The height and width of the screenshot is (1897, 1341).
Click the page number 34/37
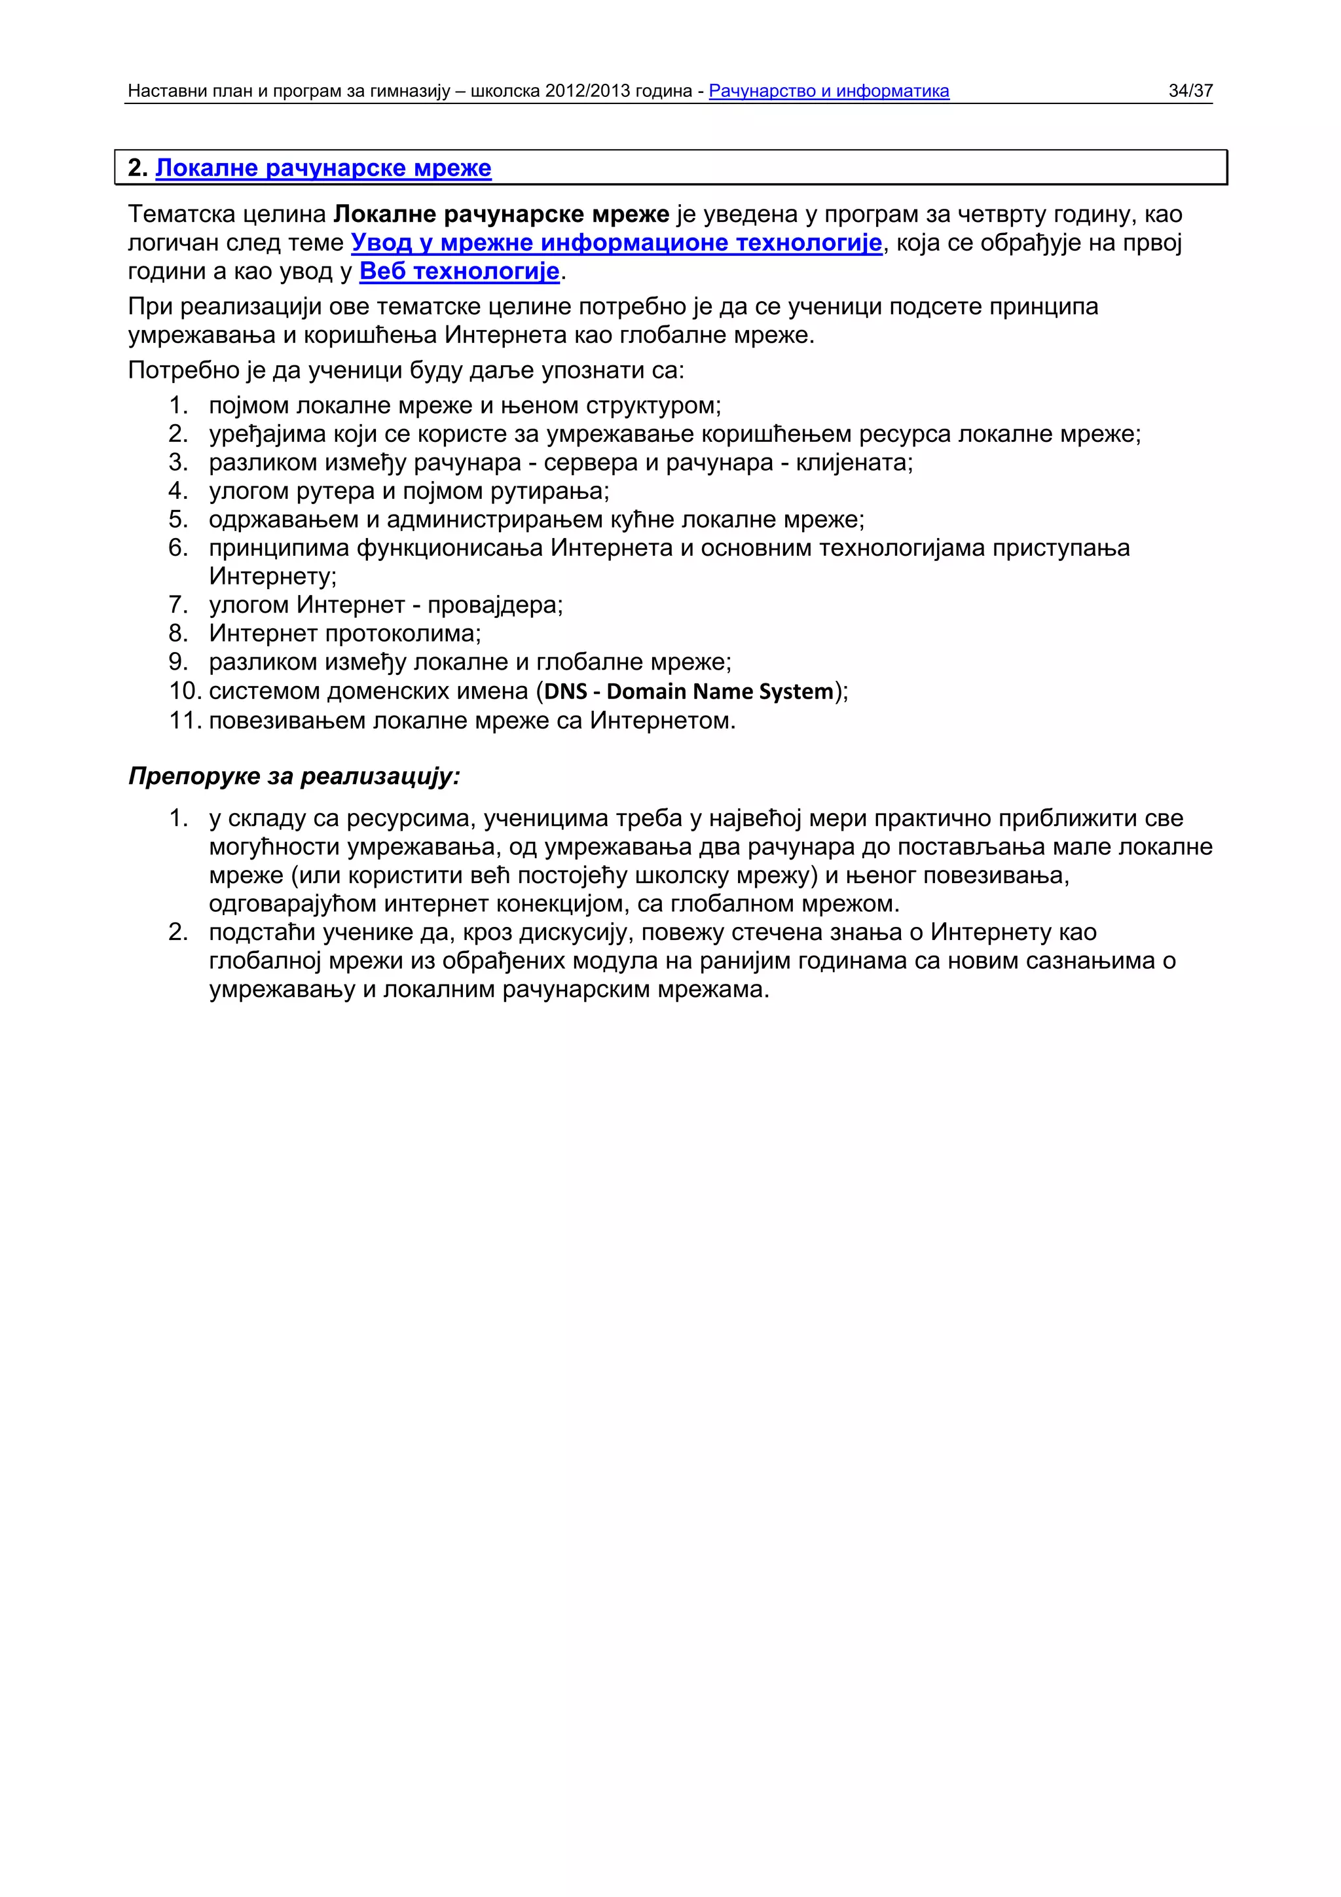click(1190, 91)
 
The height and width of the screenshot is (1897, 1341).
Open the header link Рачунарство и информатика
click(829, 91)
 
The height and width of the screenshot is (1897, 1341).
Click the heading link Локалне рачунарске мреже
click(323, 168)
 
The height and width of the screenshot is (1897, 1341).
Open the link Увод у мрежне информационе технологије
click(616, 243)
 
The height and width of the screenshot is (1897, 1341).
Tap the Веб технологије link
click(460, 271)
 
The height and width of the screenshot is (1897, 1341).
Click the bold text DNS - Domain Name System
click(688, 691)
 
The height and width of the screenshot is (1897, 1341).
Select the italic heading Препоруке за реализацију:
click(294, 776)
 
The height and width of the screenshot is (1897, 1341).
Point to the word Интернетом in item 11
click(660, 721)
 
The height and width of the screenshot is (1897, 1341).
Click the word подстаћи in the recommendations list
click(261, 932)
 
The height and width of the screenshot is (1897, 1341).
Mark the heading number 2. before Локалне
click(137, 168)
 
